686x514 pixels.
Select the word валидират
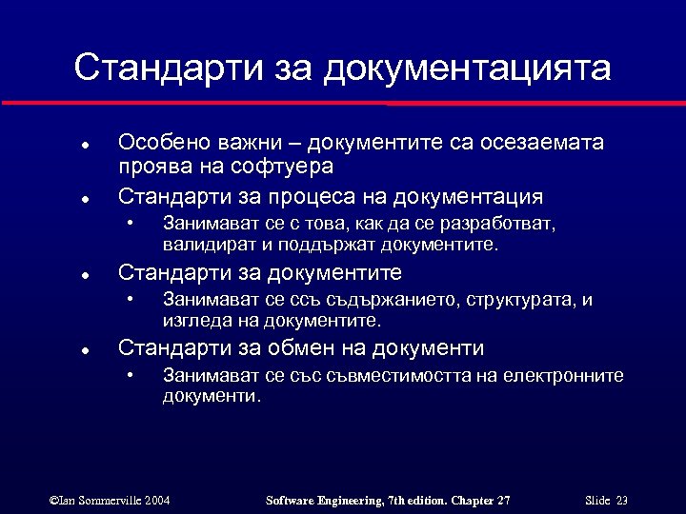coord(205,245)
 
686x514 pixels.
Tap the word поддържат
coord(332,245)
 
